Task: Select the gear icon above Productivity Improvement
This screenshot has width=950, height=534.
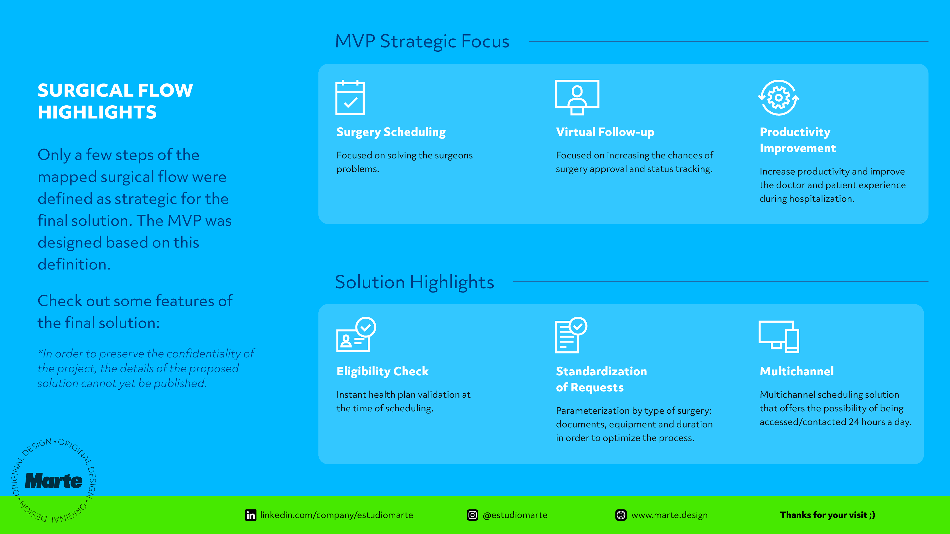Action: click(779, 98)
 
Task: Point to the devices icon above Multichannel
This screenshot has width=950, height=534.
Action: click(779, 337)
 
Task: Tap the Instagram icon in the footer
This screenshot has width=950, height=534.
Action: click(473, 515)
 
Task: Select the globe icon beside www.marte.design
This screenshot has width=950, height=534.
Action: click(621, 515)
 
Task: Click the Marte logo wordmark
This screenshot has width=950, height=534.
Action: click(54, 481)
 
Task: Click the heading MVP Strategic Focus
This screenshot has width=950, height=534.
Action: click(422, 41)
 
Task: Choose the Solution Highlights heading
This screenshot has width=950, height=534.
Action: click(415, 282)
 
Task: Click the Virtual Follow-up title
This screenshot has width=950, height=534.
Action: click(605, 132)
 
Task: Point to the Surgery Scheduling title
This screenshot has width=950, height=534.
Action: click(391, 132)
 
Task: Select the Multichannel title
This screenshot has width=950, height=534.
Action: click(797, 371)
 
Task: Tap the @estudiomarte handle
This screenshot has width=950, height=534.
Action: click(515, 515)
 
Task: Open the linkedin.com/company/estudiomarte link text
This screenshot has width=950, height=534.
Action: click(336, 515)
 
